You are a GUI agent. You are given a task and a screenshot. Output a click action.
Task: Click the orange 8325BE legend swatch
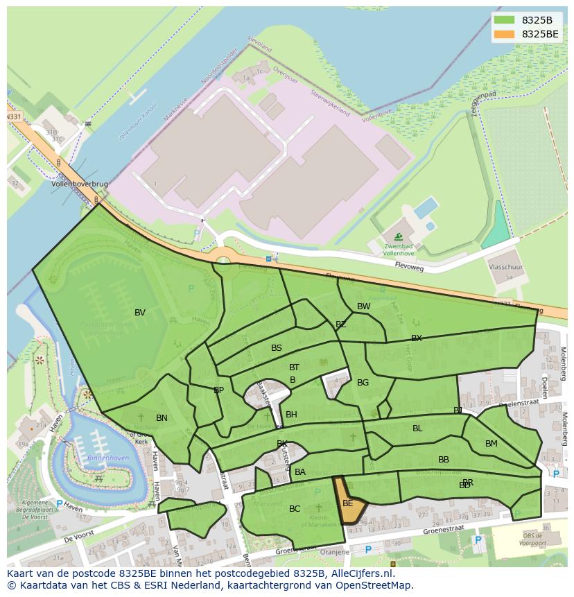click(x=505, y=34)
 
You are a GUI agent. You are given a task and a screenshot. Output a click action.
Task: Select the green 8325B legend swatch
click(x=505, y=20)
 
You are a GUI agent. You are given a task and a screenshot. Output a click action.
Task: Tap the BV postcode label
click(x=140, y=313)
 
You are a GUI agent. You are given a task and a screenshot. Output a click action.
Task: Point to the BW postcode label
click(x=363, y=306)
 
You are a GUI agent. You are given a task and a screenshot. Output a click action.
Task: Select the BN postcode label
click(x=162, y=418)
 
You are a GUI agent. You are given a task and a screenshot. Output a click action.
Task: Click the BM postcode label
click(x=491, y=444)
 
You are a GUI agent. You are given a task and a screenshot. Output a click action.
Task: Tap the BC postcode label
click(x=295, y=509)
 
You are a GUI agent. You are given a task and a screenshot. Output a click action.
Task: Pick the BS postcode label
click(x=277, y=348)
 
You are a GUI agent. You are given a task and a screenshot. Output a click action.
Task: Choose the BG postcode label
click(x=363, y=383)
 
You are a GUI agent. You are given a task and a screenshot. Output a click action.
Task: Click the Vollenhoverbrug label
click(x=80, y=184)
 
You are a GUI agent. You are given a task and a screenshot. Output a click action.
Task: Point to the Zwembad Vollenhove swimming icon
click(x=398, y=237)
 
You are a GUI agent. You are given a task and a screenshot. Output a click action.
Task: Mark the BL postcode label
click(x=417, y=429)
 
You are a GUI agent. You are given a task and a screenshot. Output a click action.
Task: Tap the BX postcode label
click(x=416, y=338)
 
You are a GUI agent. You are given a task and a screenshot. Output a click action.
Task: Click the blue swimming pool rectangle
click(x=425, y=207)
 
